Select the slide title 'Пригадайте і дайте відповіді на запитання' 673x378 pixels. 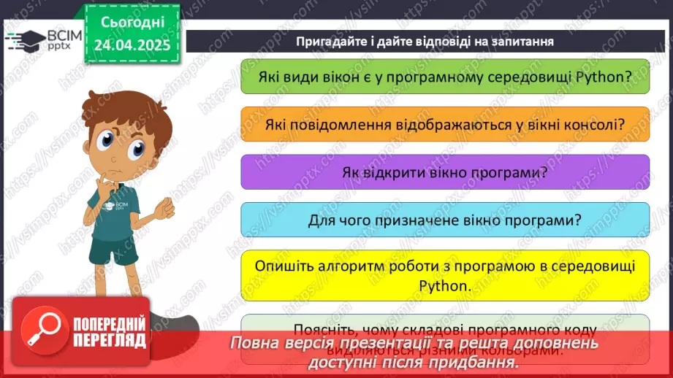(x=425, y=42)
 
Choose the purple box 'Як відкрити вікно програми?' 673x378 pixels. (x=445, y=172)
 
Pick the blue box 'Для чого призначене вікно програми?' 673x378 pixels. (x=445, y=220)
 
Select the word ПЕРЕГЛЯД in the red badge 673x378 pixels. (x=109, y=341)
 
